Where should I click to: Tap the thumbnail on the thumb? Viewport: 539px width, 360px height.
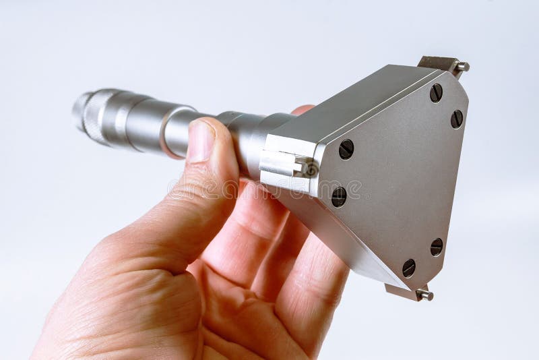click(200, 140)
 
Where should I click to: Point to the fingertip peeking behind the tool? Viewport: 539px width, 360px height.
click(303, 109)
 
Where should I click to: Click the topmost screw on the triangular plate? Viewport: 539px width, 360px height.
click(436, 93)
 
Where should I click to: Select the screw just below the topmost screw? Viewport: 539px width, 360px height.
click(457, 119)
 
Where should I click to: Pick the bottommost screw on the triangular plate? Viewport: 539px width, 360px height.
click(409, 268)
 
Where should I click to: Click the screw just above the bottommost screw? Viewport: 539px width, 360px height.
click(437, 247)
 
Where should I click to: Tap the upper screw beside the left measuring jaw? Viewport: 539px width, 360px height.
click(346, 149)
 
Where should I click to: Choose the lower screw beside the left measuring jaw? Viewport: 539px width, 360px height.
click(339, 197)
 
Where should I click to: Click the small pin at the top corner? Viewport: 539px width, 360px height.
click(462, 67)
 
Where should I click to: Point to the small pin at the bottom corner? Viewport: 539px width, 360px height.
click(424, 294)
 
